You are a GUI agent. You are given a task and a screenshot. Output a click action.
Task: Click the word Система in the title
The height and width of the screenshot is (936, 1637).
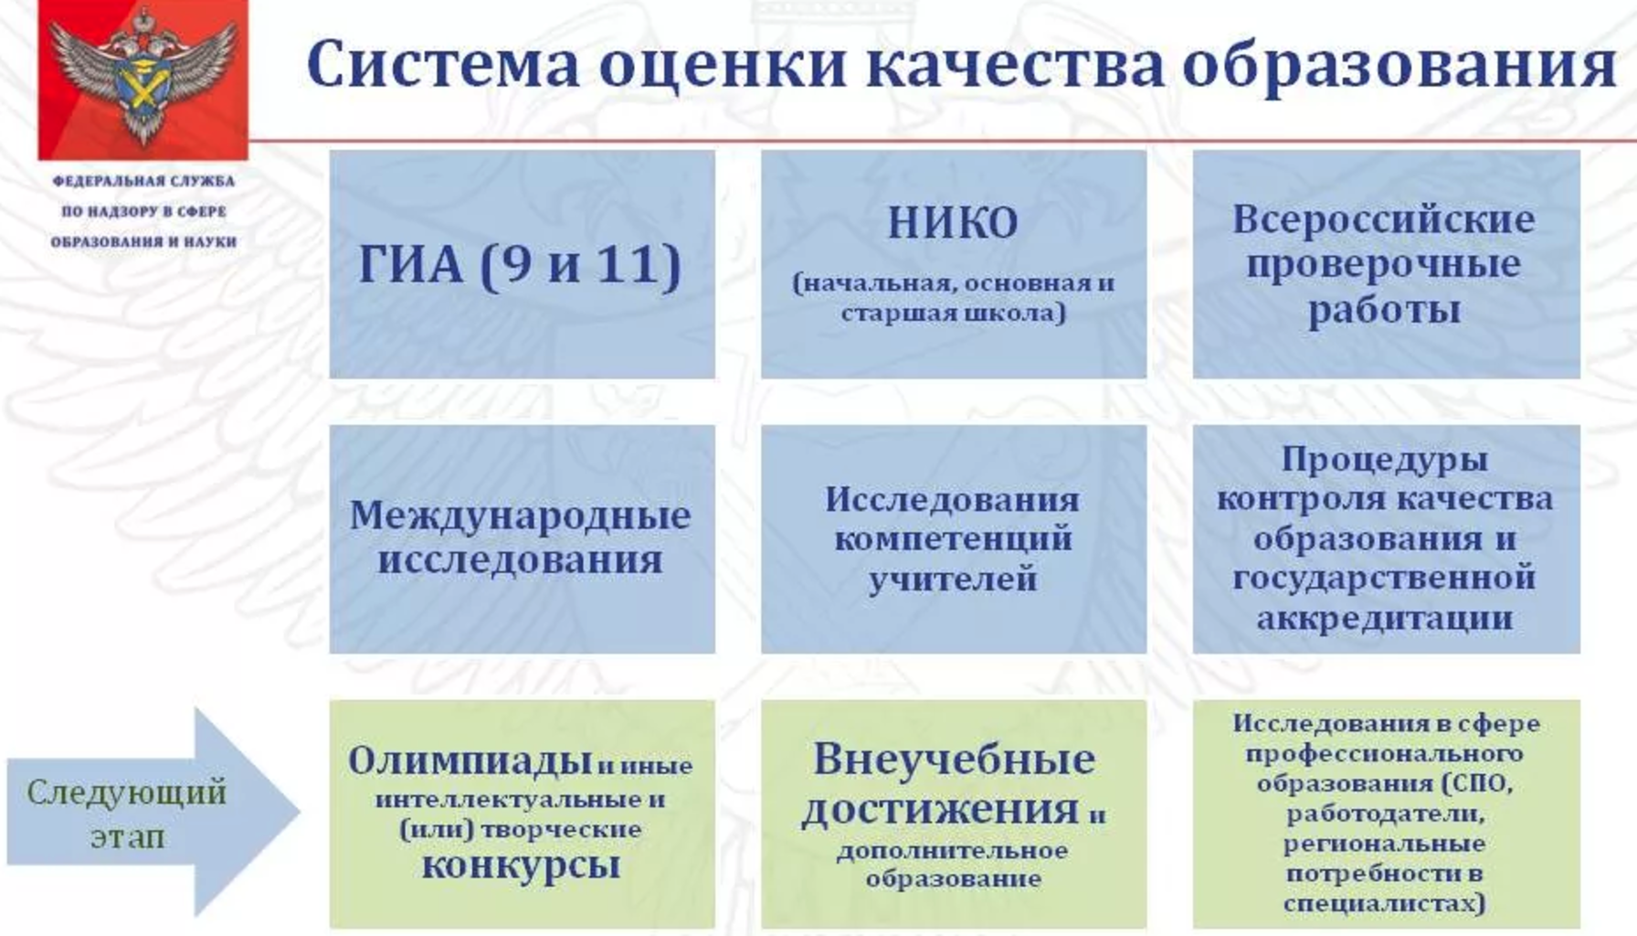coord(443,65)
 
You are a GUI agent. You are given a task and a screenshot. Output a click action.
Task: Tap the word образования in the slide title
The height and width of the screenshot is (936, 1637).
coord(1399,66)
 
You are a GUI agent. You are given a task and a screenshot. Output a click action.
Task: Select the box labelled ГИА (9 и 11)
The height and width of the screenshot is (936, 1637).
coord(523,264)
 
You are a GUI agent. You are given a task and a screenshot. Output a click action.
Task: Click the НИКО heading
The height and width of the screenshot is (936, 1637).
coord(953,223)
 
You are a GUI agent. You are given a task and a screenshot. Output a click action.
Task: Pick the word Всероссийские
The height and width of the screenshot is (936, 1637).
coord(1384,219)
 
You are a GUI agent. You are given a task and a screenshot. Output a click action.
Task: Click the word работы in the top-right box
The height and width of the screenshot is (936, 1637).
coord(1384,311)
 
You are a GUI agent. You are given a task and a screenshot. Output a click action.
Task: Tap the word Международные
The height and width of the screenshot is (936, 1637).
coord(521,516)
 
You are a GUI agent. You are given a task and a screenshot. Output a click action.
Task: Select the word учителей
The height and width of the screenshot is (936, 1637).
coord(953,580)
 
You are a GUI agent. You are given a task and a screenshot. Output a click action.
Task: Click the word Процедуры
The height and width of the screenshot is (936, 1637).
coord(1384,460)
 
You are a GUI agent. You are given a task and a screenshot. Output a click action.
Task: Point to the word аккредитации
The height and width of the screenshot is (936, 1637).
coord(1385,618)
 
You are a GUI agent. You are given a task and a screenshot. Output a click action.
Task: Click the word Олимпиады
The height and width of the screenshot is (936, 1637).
coord(470,760)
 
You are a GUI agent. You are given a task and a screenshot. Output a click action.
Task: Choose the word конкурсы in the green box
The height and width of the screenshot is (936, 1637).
coord(521,865)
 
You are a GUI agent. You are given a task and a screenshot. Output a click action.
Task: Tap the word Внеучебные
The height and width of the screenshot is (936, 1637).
coord(954,759)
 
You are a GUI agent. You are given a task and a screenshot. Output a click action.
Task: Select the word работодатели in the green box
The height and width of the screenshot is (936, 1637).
coord(1384,814)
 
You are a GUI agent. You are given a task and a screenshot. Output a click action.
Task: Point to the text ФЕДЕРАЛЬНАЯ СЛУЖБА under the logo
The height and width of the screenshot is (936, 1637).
coord(143,181)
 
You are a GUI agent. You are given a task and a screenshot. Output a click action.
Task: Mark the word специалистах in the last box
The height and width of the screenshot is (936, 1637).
coord(1384,904)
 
